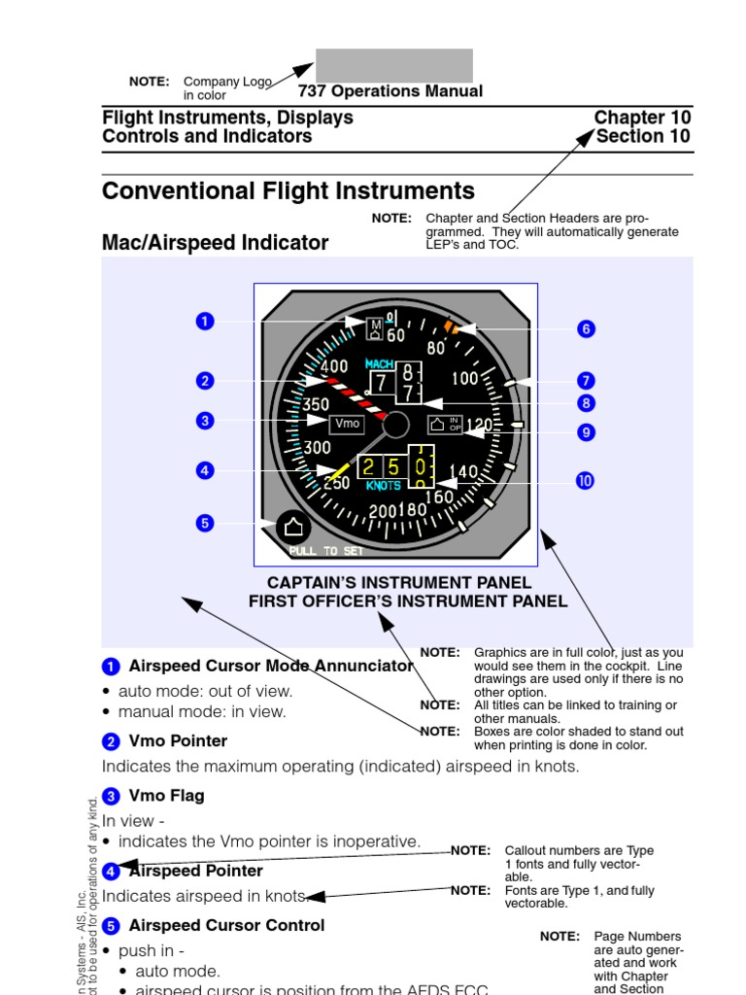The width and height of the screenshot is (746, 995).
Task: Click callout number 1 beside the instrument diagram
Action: [x=204, y=321]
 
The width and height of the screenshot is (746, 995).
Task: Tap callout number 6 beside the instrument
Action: [x=586, y=328]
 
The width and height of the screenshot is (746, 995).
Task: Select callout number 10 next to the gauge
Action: [x=585, y=480]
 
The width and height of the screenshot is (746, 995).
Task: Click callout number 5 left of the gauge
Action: [x=204, y=523]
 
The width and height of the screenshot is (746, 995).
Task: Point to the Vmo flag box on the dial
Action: [x=347, y=423]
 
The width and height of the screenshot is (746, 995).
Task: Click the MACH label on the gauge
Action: [x=379, y=363]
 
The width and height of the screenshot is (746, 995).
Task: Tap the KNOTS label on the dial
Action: [x=384, y=485]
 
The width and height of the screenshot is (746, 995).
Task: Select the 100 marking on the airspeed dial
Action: [x=465, y=378]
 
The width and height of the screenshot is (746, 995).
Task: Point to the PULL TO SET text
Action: [x=325, y=551]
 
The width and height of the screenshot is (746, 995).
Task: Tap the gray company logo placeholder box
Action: [x=394, y=65]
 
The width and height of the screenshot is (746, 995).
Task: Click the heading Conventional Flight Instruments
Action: [x=288, y=190]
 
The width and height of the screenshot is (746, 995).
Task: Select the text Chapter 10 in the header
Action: [x=642, y=118]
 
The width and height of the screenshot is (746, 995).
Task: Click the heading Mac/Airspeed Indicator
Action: [x=215, y=243]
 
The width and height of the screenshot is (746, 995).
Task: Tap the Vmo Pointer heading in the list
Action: [x=178, y=740]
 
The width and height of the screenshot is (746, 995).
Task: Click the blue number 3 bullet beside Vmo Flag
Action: [x=111, y=796]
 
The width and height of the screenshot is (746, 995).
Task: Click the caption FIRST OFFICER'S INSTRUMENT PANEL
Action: [x=408, y=600]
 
